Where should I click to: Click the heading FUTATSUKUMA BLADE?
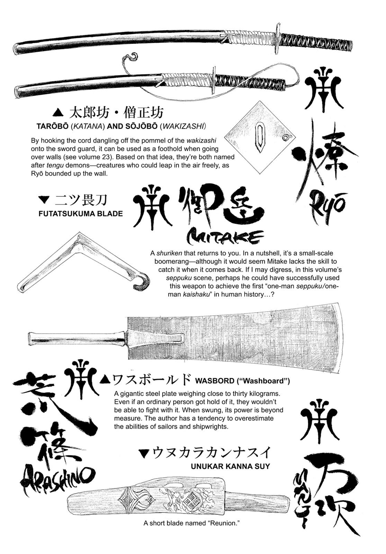(x=81, y=214)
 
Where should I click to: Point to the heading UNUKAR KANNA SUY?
(x=230, y=466)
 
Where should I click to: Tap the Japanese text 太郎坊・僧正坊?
(x=117, y=113)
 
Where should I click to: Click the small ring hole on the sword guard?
(x=285, y=137)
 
